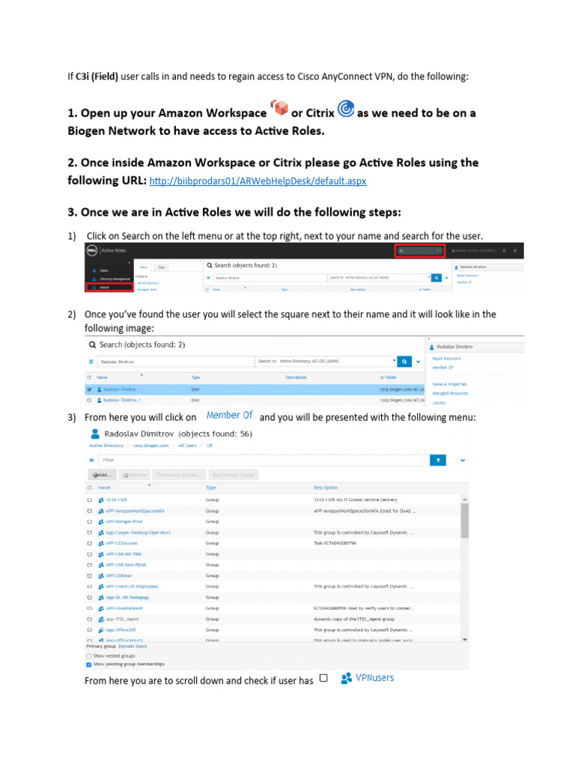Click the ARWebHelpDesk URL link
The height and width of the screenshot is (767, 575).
258,181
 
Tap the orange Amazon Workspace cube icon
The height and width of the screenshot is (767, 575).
279,109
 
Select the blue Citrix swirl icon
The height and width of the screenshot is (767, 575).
346,109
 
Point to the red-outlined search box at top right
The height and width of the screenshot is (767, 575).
420,251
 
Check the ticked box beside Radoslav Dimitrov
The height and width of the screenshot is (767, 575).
90,389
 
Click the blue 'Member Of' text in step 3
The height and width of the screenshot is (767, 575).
229,415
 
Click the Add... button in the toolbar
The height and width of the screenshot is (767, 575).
103,475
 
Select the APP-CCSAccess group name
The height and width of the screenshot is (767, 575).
121,543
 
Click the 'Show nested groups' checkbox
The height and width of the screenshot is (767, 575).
90,655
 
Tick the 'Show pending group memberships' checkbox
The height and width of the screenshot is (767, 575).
90,664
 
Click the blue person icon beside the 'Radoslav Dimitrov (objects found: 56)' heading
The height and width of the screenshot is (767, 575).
95,434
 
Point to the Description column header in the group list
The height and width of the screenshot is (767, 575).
326,488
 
